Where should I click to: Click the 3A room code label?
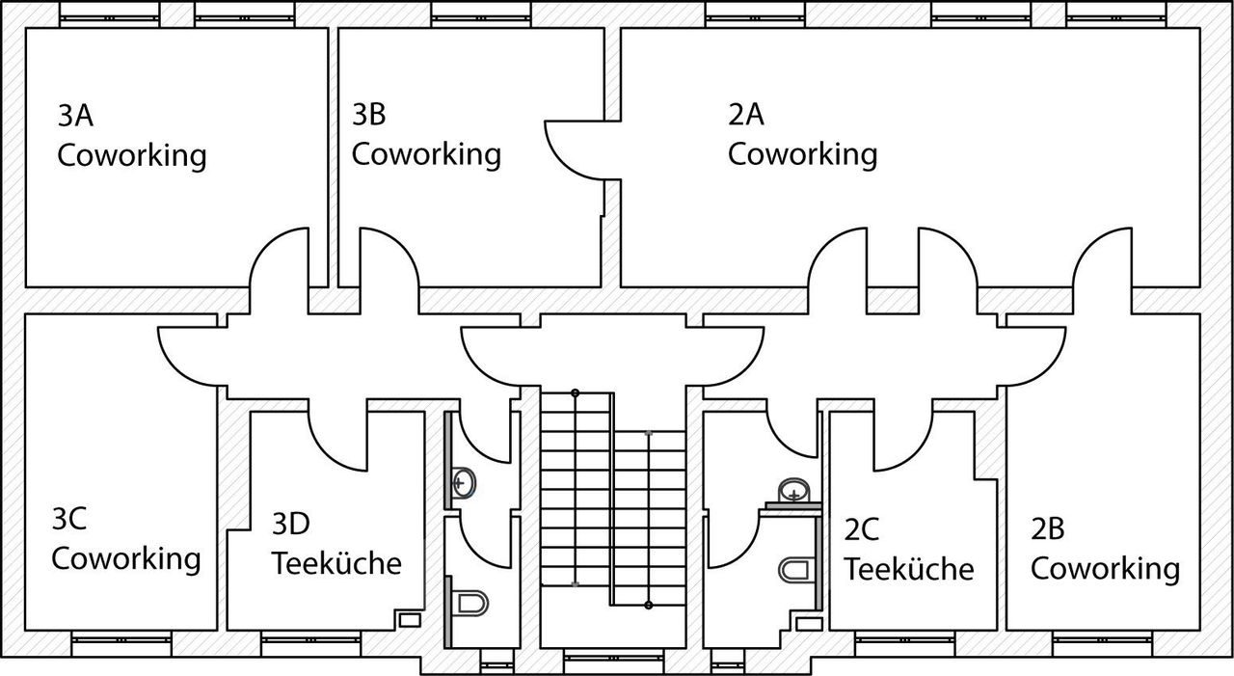[75, 117]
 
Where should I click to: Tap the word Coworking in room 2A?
[802, 154]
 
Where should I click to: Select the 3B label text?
[369, 116]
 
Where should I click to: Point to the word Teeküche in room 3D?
[336, 563]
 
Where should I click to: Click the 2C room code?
[862, 529]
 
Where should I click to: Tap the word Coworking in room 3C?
[126, 558]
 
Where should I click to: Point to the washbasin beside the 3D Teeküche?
[463, 480]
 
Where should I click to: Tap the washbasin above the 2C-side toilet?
[793, 491]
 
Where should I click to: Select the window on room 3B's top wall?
[479, 14]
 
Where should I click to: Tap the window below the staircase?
[612, 662]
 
